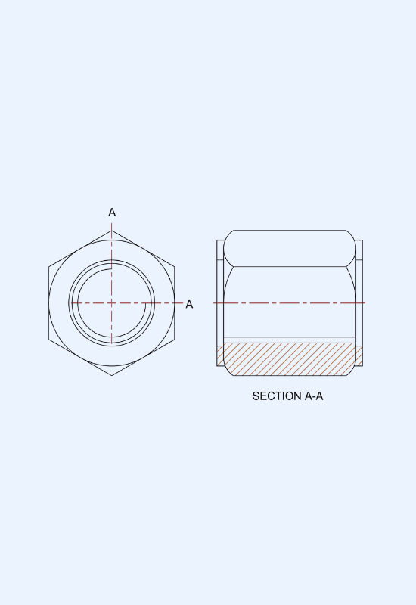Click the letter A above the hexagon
(x=112, y=213)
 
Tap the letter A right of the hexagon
(x=189, y=305)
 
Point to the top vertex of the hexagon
(x=112, y=231)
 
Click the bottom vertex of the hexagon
(x=112, y=375)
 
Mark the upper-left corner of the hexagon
(x=49, y=267)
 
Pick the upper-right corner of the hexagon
(x=175, y=267)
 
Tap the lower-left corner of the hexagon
(x=49, y=340)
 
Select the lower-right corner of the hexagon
(x=175, y=340)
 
